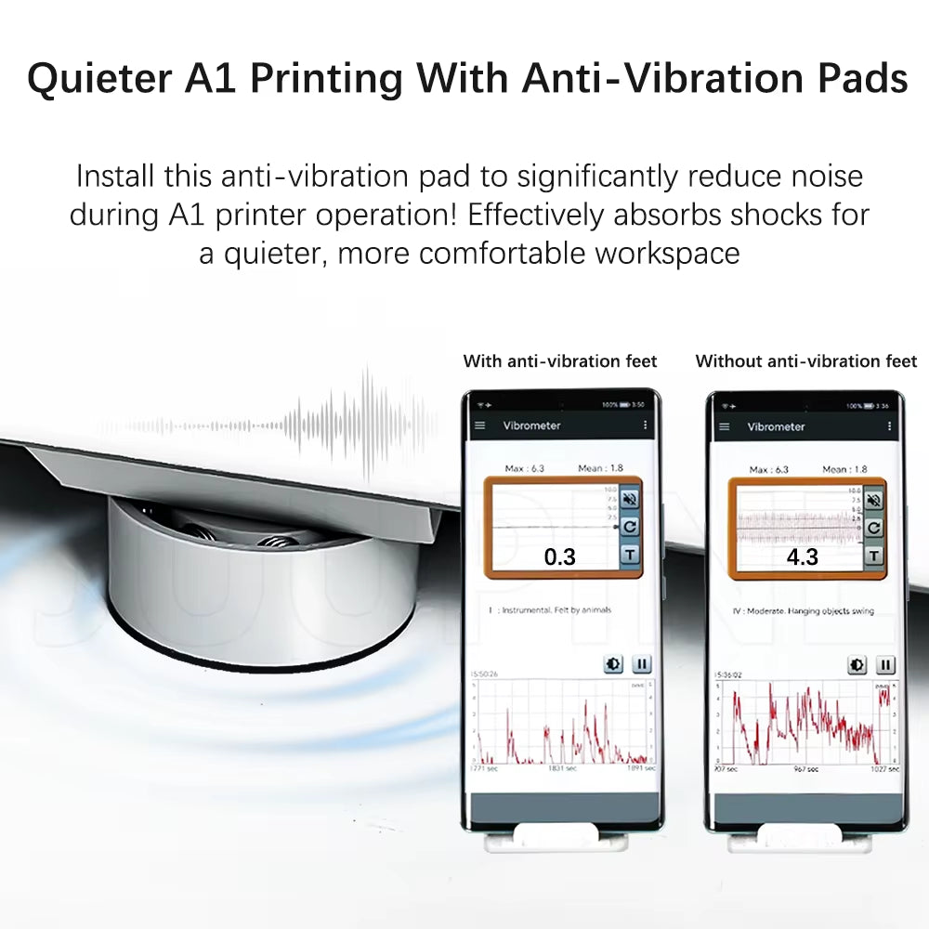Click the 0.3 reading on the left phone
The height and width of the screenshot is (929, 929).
point(560,556)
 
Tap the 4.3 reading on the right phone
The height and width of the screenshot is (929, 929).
point(802,556)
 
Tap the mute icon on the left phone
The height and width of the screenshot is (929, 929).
point(629,499)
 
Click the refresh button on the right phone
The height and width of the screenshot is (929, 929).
point(873,528)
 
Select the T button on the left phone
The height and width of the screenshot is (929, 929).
point(629,556)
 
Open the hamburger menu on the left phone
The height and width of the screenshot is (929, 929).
point(480,425)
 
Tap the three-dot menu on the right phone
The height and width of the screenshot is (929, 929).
point(889,426)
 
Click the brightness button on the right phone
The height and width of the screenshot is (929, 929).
point(857,665)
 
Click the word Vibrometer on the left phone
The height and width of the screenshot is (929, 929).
point(531,425)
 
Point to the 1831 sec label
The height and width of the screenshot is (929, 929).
point(563,768)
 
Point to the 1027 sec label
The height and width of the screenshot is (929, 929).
point(883,769)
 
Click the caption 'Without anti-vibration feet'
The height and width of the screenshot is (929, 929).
point(806,361)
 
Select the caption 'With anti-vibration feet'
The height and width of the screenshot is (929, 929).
point(560,361)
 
